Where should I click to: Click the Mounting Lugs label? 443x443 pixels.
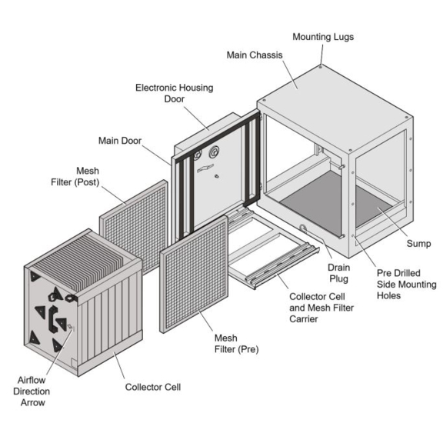click(323, 37)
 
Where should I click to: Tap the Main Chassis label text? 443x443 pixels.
click(255, 55)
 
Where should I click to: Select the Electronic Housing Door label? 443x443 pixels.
click(175, 93)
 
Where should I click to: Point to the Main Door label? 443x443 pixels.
click(120, 141)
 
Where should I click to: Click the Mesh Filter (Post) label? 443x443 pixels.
click(75, 177)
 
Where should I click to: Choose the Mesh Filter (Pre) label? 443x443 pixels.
click(236, 344)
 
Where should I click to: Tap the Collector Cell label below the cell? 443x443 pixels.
click(153, 387)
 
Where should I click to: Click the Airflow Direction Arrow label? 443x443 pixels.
click(32, 391)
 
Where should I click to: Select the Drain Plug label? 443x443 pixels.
click(338, 273)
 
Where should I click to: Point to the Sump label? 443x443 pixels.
click(418, 244)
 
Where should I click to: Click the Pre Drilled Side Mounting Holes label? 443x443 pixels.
click(407, 285)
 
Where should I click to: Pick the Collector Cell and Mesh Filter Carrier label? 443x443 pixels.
click(321, 308)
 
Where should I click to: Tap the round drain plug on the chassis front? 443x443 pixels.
click(302, 228)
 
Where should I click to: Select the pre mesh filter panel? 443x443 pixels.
click(194, 274)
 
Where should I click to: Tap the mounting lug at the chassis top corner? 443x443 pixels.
click(321, 67)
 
